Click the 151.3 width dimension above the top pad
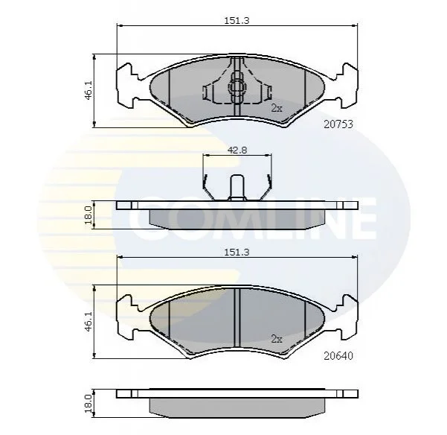tap(237, 21)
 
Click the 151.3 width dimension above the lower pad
tap(237, 253)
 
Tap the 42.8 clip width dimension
tap(237, 150)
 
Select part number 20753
tap(338, 124)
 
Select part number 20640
tap(338, 356)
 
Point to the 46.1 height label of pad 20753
tap(89, 90)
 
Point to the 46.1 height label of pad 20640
tap(89, 322)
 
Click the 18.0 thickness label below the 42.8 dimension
tap(88, 215)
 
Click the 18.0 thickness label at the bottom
tap(88, 404)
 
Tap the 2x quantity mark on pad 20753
tap(276, 108)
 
